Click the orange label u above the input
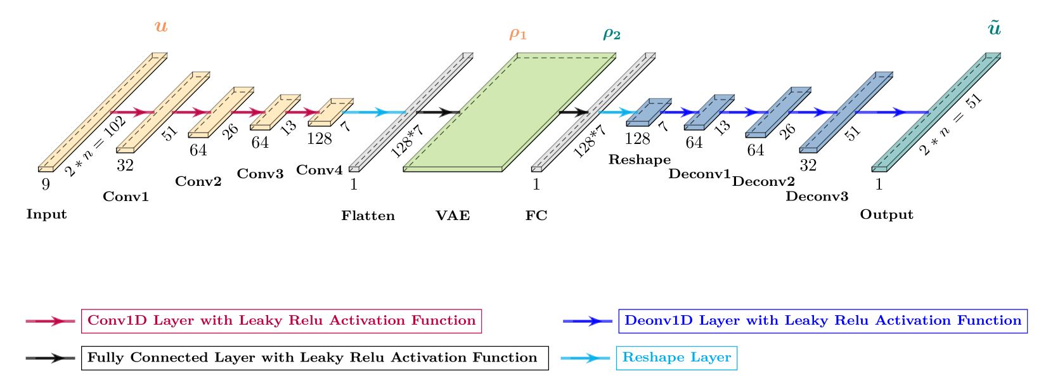tap(161, 27)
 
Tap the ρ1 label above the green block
tap(518, 34)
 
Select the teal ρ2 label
tap(612, 34)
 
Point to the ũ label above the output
tap(994, 29)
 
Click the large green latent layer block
tap(510, 112)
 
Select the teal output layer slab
tap(936, 112)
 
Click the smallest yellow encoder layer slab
tap(331, 112)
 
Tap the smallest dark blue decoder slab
tap(649, 112)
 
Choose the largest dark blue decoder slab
tap(846, 112)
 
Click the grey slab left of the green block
tap(411, 112)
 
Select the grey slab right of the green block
tap(593, 112)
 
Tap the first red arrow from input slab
tap(132, 112)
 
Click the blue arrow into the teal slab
tap(894, 112)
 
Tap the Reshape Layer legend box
tap(676, 358)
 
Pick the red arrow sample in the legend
tap(50, 321)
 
